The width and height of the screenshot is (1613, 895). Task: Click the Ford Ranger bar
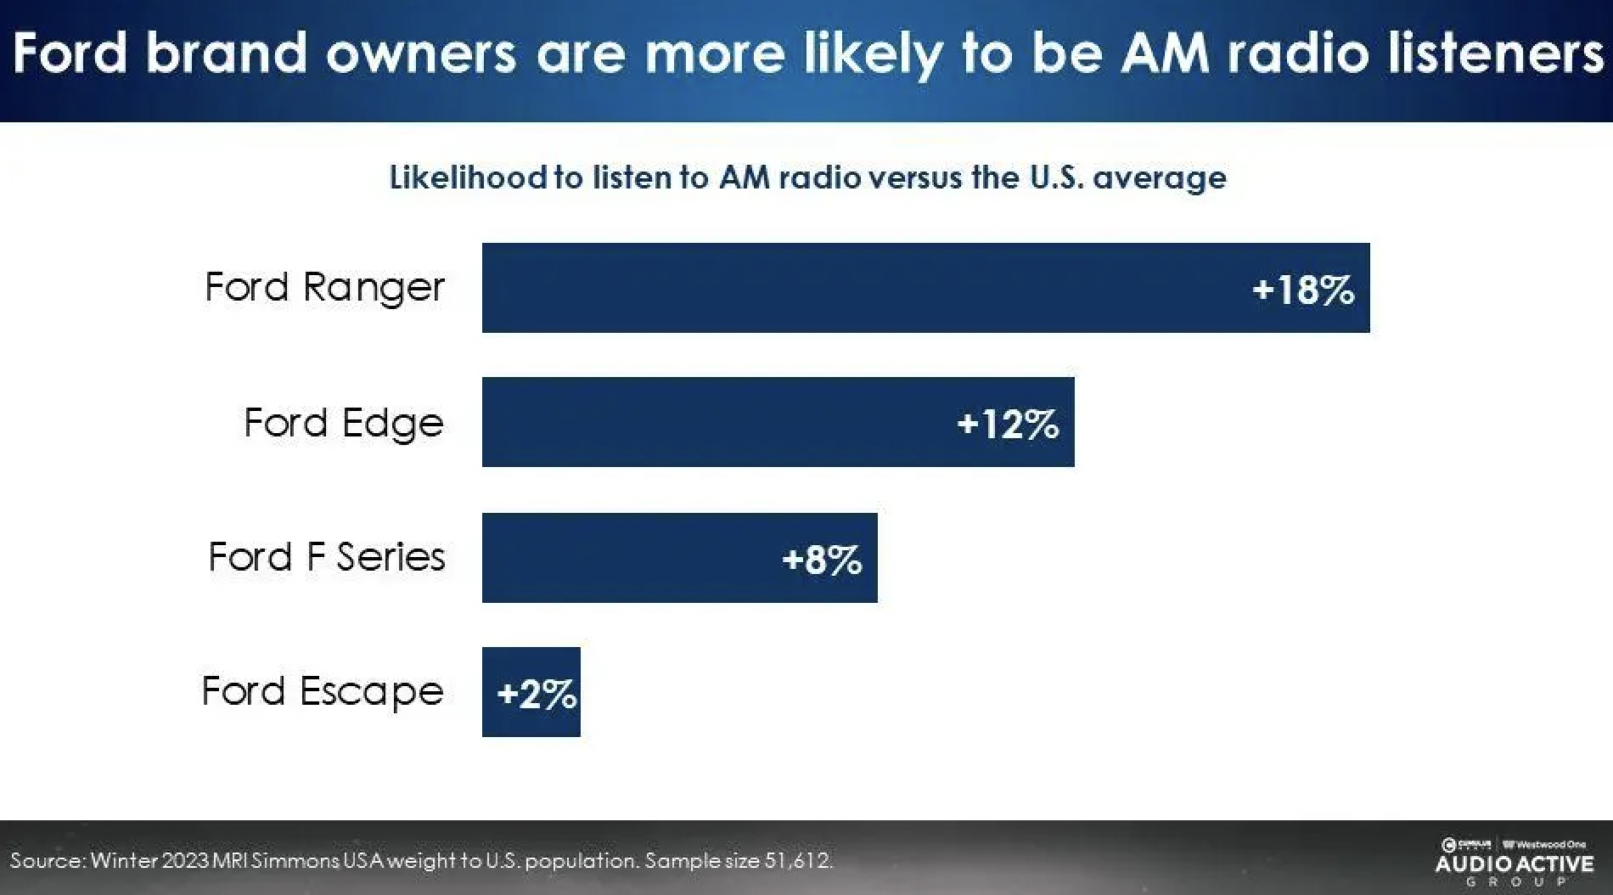click(x=849, y=288)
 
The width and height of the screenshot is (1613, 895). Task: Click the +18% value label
click(x=1303, y=290)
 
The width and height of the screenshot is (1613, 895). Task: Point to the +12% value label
click(x=1008, y=423)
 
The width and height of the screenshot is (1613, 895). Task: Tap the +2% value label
click(x=537, y=695)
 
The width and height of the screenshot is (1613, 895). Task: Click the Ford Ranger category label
click(x=324, y=288)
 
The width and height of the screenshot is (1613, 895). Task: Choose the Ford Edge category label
click(x=344, y=423)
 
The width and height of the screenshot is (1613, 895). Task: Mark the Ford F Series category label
click(x=327, y=558)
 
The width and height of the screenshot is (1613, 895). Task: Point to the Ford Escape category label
click(x=323, y=692)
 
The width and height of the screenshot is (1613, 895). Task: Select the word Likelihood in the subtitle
click(x=468, y=177)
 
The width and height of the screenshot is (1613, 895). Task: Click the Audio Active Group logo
click(x=1514, y=864)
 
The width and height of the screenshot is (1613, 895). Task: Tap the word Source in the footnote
click(x=47, y=860)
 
